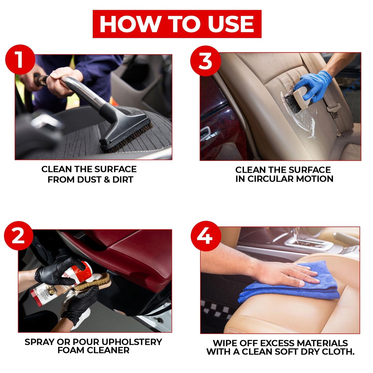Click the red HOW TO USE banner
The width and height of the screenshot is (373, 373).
[x=177, y=24]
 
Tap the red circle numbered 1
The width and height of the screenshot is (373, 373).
[x=20, y=60]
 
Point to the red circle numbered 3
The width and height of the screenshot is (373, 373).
[x=205, y=61]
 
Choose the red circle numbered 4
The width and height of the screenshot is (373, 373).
[x=206, y=236]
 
